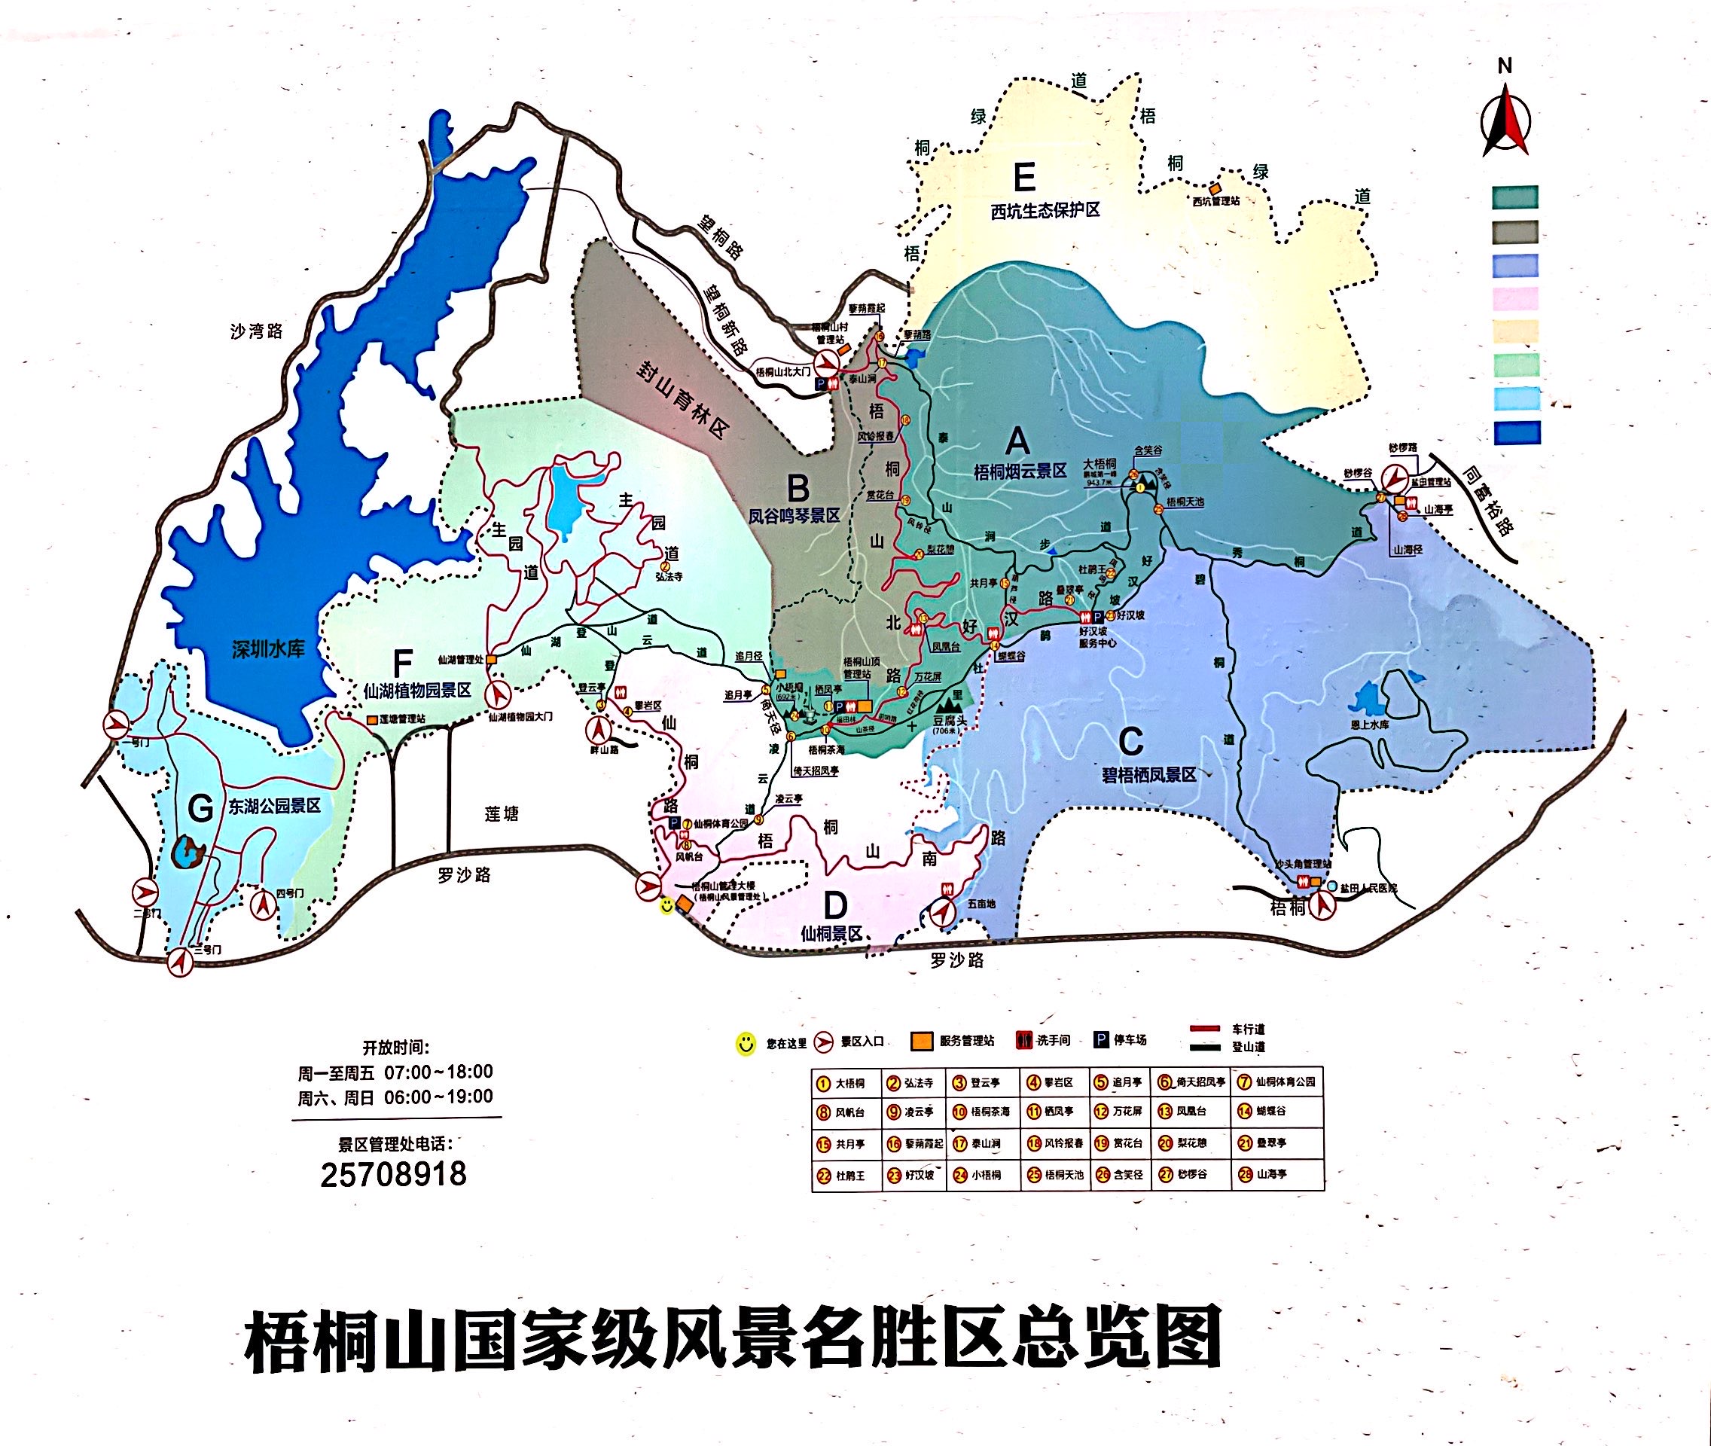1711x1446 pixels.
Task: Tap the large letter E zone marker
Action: (1024, 177)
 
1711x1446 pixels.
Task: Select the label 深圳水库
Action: (268, 649)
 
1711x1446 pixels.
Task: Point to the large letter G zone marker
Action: (201, 809)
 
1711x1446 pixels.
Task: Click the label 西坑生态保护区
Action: (1045, 211)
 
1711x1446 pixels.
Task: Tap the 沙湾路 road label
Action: (257, 331)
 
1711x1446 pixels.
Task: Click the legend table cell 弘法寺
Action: (910, 1083)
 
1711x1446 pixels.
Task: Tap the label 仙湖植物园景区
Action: (417, 690)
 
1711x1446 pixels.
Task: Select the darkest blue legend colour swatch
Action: (1516, 433)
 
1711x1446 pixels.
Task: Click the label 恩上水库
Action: (1368, 725)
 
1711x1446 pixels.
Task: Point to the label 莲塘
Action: (501, 814)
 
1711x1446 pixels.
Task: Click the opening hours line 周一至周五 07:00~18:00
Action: (395, 1072)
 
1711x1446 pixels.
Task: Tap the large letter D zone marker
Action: (834, 907)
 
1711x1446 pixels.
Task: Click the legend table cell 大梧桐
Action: (840, 1083)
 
